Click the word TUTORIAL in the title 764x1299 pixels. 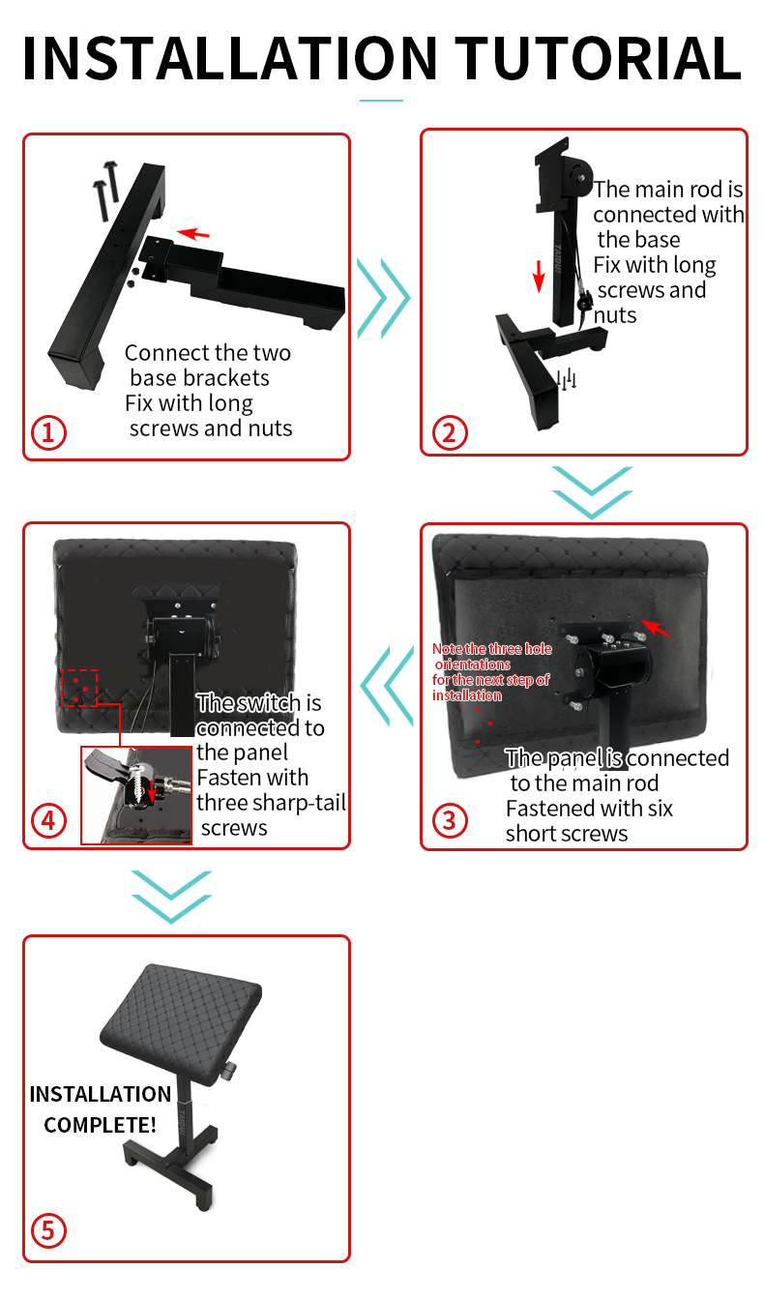coord(598,58)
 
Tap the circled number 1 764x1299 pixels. coord(48,432)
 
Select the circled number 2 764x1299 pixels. coord(450,432)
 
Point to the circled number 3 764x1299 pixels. coord(450,820)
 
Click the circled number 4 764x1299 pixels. coord(48,820)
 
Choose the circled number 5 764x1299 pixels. coord(48,1230)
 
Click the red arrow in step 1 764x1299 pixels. coord(193,233)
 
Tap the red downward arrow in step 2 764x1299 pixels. coord(539,276)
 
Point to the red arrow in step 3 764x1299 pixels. coord(655,628)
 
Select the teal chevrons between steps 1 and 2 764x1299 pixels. coord(383,298)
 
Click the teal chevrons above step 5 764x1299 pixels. coord(171,897)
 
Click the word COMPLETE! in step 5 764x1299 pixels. coord(101,1125)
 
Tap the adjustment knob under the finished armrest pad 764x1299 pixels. coord(229,1070)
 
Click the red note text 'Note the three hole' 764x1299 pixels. coord(492,649)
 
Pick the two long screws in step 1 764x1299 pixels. coord(105,191)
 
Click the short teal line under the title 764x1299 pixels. coord(381,101)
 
